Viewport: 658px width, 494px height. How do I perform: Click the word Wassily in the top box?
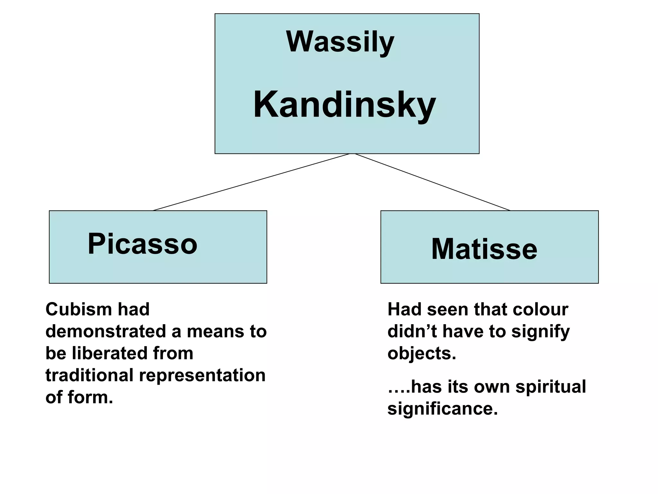(340, 42)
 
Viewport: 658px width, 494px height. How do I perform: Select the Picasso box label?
(142, 244)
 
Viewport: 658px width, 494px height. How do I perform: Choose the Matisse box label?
(484, 249)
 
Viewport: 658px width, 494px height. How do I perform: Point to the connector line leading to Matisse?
(432, 182)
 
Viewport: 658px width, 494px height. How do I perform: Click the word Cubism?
(78, 309)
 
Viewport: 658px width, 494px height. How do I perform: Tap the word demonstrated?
(106, 331)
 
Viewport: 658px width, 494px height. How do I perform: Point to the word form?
(90, 397)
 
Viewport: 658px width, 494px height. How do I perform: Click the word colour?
(540, 309)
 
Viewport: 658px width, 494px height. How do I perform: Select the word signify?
(540, 332)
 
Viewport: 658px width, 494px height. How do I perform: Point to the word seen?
(448, 309)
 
